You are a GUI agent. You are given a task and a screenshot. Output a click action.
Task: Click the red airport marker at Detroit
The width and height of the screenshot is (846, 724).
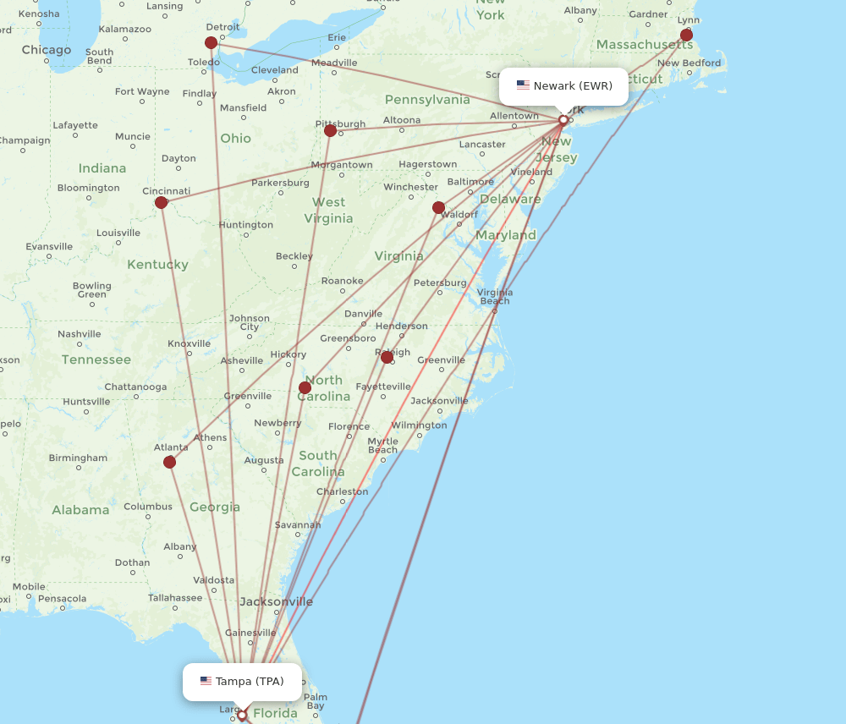click(x=211, y=43)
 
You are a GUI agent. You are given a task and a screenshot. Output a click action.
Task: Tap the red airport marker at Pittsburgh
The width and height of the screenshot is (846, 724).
click(x=330, y=130)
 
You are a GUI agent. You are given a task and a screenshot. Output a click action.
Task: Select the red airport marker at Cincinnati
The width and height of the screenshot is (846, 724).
click(x=161, y=202)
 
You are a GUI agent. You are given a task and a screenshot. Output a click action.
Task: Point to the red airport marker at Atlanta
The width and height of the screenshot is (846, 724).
click(x=169, y=462)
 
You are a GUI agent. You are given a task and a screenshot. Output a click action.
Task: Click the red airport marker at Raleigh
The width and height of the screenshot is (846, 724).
click(x=387, y=358)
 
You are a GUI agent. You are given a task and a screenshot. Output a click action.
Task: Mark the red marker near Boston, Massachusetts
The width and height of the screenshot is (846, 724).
click(x=686, y=36)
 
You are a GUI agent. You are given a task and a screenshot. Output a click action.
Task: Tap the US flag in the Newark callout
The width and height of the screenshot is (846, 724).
click(x=523, y=85)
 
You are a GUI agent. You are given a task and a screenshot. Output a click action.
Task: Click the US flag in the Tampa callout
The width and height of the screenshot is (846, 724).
click(x=206, y=681)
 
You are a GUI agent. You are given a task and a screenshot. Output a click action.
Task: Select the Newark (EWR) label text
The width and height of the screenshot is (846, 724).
click(x=573, y=85)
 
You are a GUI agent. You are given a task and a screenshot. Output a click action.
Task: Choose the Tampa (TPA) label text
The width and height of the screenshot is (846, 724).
click(x=250, y=681)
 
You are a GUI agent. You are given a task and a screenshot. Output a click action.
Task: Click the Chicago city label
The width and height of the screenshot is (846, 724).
click(x=47, y=50)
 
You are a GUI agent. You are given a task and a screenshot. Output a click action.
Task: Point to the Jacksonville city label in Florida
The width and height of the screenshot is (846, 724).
click(x=276, y=601)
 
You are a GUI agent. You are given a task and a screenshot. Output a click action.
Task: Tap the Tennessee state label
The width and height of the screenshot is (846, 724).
click(x=96, y=359)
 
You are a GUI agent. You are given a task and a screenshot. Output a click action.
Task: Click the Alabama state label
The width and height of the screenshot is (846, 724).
click(x=80, y=510)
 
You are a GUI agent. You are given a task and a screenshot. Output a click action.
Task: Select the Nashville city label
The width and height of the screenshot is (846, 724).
click(x=80, y=334)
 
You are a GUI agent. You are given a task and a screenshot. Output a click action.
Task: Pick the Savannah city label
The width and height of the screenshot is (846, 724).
click(x=298, y=525)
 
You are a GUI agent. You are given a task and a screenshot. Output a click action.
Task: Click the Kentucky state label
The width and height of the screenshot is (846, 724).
click(x=157, y=265)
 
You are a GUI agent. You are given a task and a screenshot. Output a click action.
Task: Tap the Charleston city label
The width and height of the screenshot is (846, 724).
click(x=342, y=491)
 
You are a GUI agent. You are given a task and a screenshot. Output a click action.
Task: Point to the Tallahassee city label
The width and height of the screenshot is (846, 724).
click(x=175, y=597)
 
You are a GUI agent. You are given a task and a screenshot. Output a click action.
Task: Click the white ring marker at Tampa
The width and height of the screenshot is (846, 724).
click(x=242, y=716)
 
